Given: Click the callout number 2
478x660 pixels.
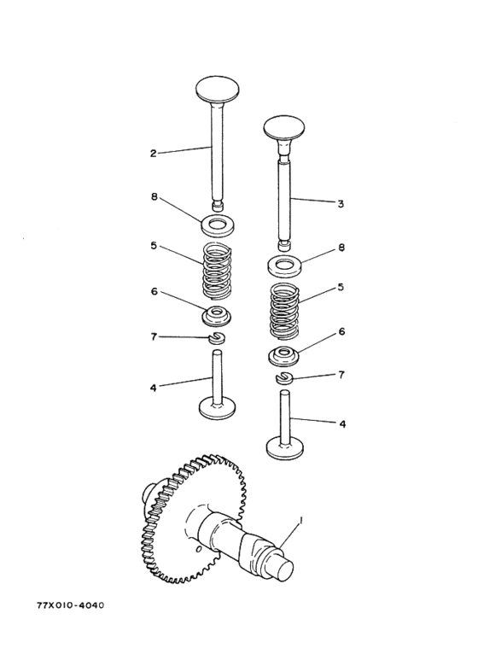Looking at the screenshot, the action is coord(153,153).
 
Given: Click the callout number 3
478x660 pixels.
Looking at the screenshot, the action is coord(341,204).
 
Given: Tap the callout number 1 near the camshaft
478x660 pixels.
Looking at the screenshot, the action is coord(300,522).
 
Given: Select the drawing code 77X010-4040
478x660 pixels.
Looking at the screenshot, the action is coord(70,605).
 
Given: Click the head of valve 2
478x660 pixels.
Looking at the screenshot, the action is coord(218,90).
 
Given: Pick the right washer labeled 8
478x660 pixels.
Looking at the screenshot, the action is coord(284,266).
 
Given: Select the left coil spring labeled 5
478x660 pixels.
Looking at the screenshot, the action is coord(218,270).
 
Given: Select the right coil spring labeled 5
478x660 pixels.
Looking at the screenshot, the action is coord(284,311).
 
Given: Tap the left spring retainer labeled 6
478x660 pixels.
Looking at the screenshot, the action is coord(218,316).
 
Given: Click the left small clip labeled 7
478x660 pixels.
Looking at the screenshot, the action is coord(218,337).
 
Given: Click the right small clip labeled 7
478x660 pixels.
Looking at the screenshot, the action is coord(284,378).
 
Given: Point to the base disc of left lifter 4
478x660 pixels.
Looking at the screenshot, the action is coord(217,410).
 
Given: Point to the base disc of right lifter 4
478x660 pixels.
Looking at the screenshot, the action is coord(285,448).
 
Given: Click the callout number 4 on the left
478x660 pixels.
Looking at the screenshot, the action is coord(153,388).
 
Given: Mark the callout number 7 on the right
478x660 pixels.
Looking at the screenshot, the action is coord(341,374).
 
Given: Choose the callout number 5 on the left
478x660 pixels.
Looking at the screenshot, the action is coord(154,245).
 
